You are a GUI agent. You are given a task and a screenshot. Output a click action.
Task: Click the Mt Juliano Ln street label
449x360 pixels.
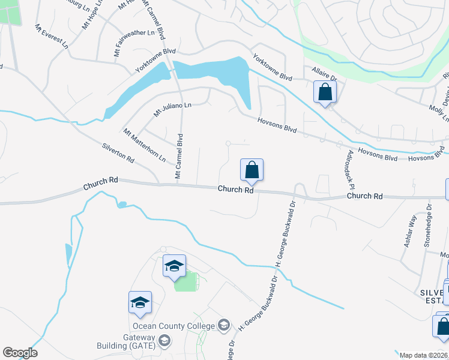(172, 109)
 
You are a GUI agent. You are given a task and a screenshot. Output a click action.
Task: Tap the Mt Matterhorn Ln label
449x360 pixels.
(144, 145)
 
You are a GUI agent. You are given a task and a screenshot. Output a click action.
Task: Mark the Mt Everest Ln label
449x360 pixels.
(51, 37)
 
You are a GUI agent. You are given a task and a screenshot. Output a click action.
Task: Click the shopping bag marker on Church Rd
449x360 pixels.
(252, 170)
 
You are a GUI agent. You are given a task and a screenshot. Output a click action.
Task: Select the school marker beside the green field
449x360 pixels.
(174, 266)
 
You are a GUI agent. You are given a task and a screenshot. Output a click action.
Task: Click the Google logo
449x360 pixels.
(20, 353)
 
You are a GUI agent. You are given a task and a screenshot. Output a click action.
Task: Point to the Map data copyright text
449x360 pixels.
(424, 355)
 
